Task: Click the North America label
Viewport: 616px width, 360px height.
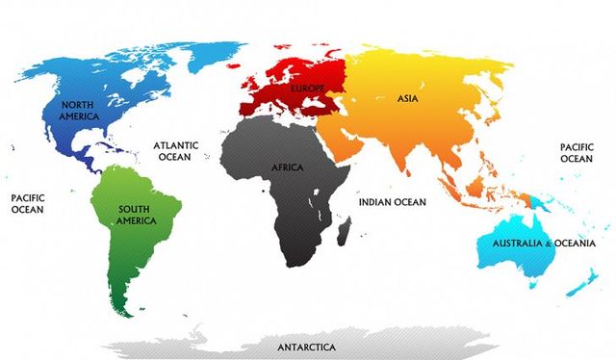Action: pos(80,110)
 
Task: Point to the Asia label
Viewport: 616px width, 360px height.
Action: pos(408,97)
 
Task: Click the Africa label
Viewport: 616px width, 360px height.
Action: pos(287,167)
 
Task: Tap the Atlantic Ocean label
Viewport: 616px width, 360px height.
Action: pos(176,151)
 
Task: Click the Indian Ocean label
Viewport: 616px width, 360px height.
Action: pos(391,202)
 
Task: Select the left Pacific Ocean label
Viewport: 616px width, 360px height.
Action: pos(28,202)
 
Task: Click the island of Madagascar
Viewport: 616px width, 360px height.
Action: pos(345,228)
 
